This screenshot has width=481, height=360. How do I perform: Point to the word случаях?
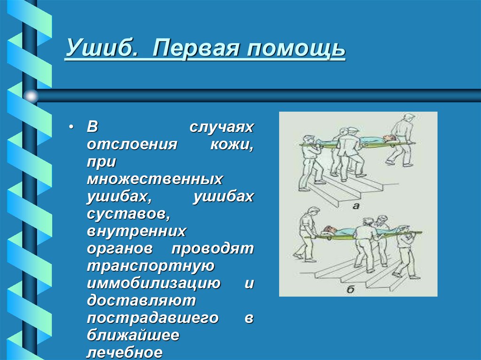coord(221,128)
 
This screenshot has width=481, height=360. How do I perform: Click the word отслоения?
coord(131,144)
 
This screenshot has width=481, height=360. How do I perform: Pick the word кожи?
coord(232,144)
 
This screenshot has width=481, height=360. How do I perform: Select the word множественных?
coord(155,179)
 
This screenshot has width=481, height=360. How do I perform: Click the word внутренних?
coord(136,232)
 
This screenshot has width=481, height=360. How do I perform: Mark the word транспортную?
coord(150,266)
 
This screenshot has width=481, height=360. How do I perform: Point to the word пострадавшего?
coord(153,318)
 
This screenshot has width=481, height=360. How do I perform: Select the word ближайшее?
coord(133,336)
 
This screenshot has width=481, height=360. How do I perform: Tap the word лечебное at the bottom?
coord(124,352)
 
